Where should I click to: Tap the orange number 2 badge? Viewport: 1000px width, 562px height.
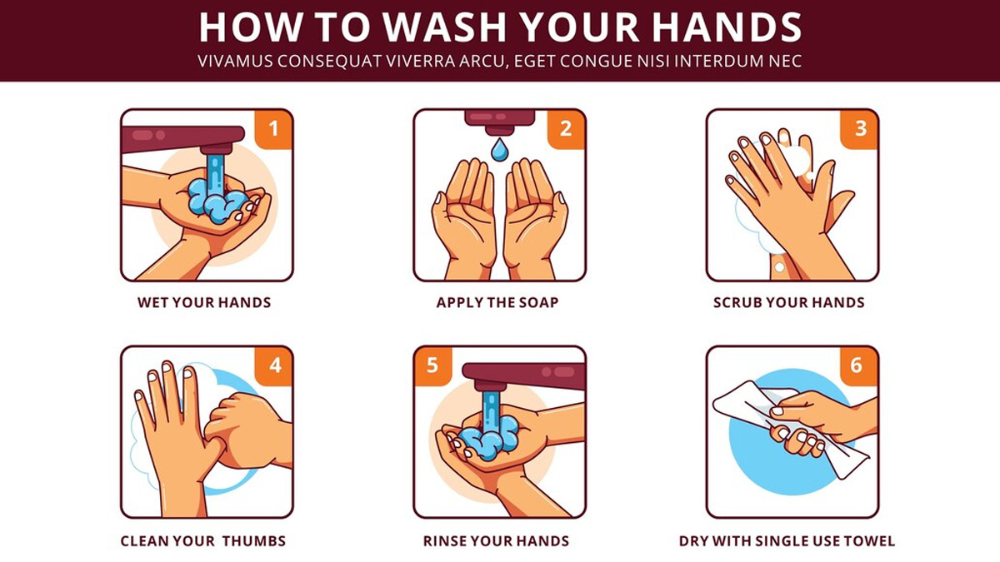click(x=566, y=129)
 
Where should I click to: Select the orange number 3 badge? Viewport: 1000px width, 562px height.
click(x=859, y=129)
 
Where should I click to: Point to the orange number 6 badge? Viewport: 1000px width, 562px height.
click(x=859, y=366)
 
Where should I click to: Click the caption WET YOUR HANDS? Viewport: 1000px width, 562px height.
click(x=204, y=302)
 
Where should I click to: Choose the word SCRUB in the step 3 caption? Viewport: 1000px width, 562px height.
click(x=739, y=302)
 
